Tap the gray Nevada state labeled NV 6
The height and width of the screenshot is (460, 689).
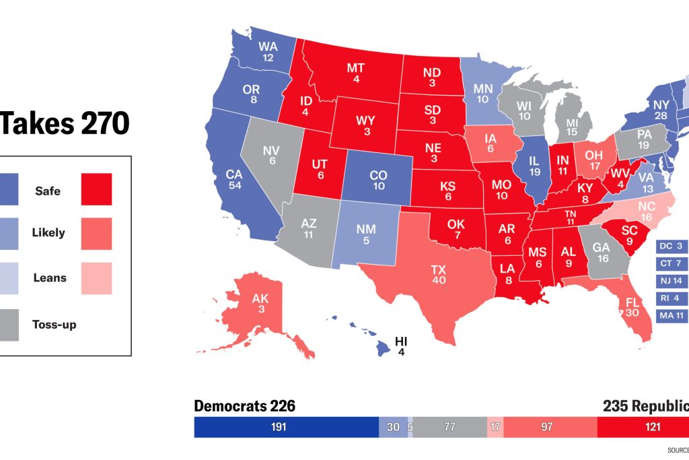click(272, 157)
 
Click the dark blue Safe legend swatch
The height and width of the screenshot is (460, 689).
click(9, 191)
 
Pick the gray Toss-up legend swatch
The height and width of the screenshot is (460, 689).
click(9, 324)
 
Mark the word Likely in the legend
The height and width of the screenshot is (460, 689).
click(48, 233)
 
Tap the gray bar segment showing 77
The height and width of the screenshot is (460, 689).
click(449, 427)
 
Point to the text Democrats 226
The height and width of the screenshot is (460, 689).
click(244, 406)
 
